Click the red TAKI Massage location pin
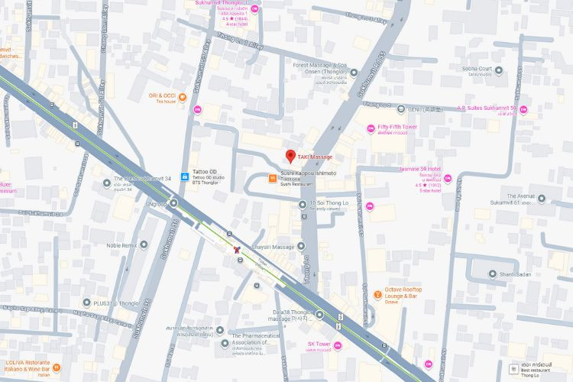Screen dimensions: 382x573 (x=290, y=157)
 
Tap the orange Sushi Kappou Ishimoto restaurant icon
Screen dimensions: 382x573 (x=271, y=179)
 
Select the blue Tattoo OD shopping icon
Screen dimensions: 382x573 (x=184, y=176)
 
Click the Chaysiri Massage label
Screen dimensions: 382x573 (x=273, y=247)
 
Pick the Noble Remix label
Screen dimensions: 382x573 (x=121, y=245)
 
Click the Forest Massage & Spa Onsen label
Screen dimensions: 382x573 (x=320, y=66)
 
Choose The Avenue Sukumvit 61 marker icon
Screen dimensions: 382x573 (x=542, y=199)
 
